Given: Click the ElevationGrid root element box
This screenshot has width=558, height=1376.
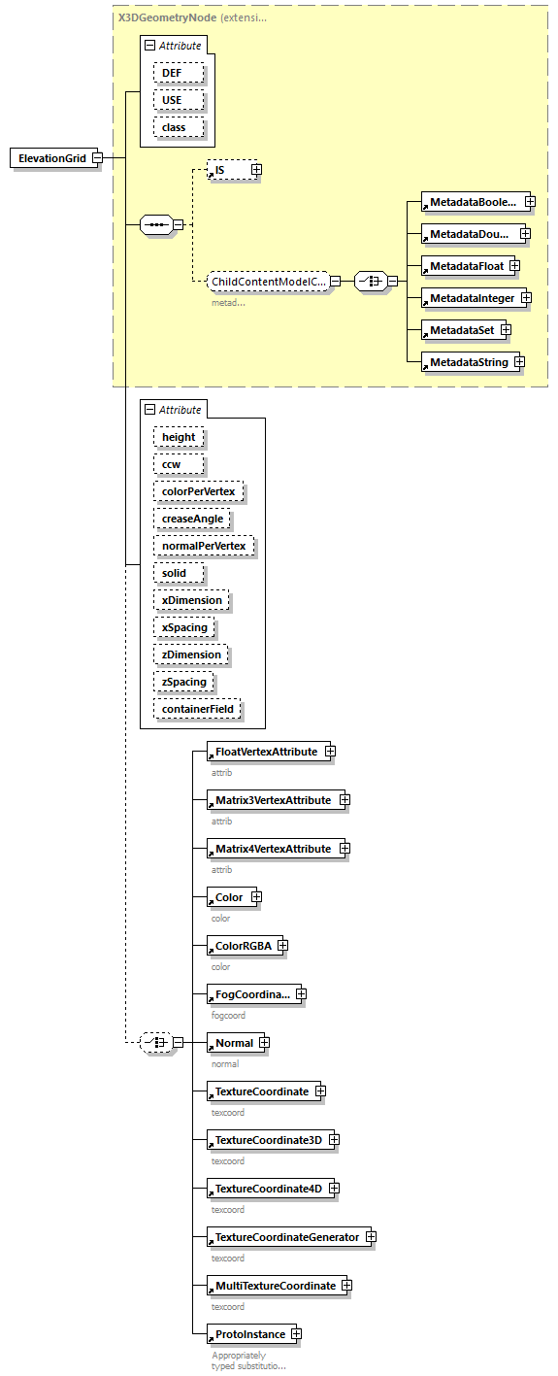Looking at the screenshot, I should point(53,158).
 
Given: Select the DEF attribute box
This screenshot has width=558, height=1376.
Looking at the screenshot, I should point(179,73).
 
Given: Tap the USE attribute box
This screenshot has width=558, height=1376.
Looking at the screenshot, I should point(179,100).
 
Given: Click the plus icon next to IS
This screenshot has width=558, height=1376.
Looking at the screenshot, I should point(256,170).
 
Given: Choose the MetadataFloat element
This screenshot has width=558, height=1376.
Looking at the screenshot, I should point(464,265).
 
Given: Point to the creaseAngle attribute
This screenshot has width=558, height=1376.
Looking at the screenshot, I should point(192,519).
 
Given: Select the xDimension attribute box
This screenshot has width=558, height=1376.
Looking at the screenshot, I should point(191,600).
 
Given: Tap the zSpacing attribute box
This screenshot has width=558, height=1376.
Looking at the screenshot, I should point(183,682).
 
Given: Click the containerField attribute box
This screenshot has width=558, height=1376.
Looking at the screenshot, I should point(197,709).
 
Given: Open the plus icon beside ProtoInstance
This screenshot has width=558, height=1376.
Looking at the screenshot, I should point(296,1334).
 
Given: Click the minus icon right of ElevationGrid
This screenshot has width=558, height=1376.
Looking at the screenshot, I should point(98,158).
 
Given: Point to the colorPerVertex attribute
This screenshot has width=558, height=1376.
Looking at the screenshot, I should point(198,491).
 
